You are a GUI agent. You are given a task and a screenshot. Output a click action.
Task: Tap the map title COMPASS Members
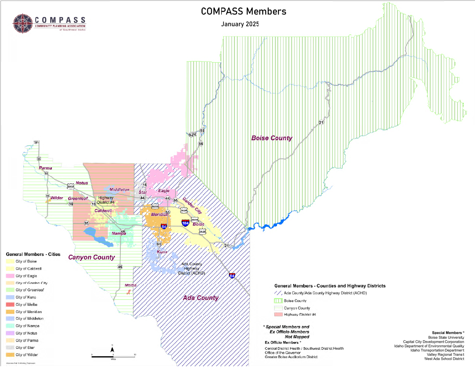(x=243, y=11)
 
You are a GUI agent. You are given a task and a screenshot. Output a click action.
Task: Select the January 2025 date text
(x=240, y=24)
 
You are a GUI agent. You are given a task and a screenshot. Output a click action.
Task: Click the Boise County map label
(x=272, y=138)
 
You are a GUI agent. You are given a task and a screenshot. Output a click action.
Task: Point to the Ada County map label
(x=201, y=298)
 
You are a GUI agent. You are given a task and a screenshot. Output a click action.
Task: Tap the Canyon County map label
(x=91, y=257)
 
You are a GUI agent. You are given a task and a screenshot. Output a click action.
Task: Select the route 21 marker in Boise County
(x=321, y=122)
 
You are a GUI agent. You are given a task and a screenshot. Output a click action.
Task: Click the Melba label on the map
(x=130, y=285)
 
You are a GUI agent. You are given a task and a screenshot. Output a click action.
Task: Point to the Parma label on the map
(x=45, y=168)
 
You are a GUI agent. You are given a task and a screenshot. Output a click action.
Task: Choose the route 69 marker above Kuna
(x=159, y=244)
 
